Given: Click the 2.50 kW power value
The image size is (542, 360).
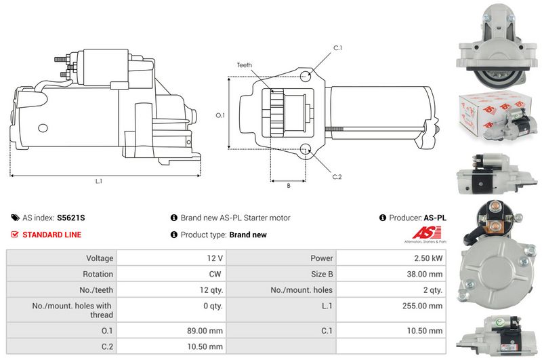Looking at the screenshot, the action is coord(428,258).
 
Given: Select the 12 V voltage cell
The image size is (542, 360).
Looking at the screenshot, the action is coord(215,258).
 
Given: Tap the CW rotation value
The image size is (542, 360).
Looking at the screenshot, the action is coord(215,274).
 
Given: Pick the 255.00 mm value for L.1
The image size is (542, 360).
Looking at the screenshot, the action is coord(422,306).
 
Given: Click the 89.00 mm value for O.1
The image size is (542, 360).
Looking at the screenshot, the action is coord(205,331).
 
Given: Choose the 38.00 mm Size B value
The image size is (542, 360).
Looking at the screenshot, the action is coord(425,274).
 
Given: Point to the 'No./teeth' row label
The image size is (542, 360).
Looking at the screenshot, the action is coord(96,289).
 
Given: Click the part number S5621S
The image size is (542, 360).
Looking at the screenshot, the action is coord(71,218).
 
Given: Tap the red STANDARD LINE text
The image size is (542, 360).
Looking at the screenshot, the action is coord(52,235).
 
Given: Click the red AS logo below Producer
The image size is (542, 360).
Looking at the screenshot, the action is coord(427,233).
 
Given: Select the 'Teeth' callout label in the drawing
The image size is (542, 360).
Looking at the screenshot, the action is coord(245,65).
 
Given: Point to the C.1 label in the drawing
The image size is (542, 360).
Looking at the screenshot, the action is coord(337,48).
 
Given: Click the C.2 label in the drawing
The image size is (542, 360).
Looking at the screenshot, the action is coord(337,177).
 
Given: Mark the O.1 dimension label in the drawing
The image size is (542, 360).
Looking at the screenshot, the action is coord(220,115).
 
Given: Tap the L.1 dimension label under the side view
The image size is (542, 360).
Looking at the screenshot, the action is coord(99,181).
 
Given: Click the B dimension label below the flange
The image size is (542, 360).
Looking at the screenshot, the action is coord(289,186).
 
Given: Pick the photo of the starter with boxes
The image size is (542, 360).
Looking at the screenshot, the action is coord(497,115).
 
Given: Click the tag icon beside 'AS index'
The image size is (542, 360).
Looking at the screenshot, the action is coord(15,218).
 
